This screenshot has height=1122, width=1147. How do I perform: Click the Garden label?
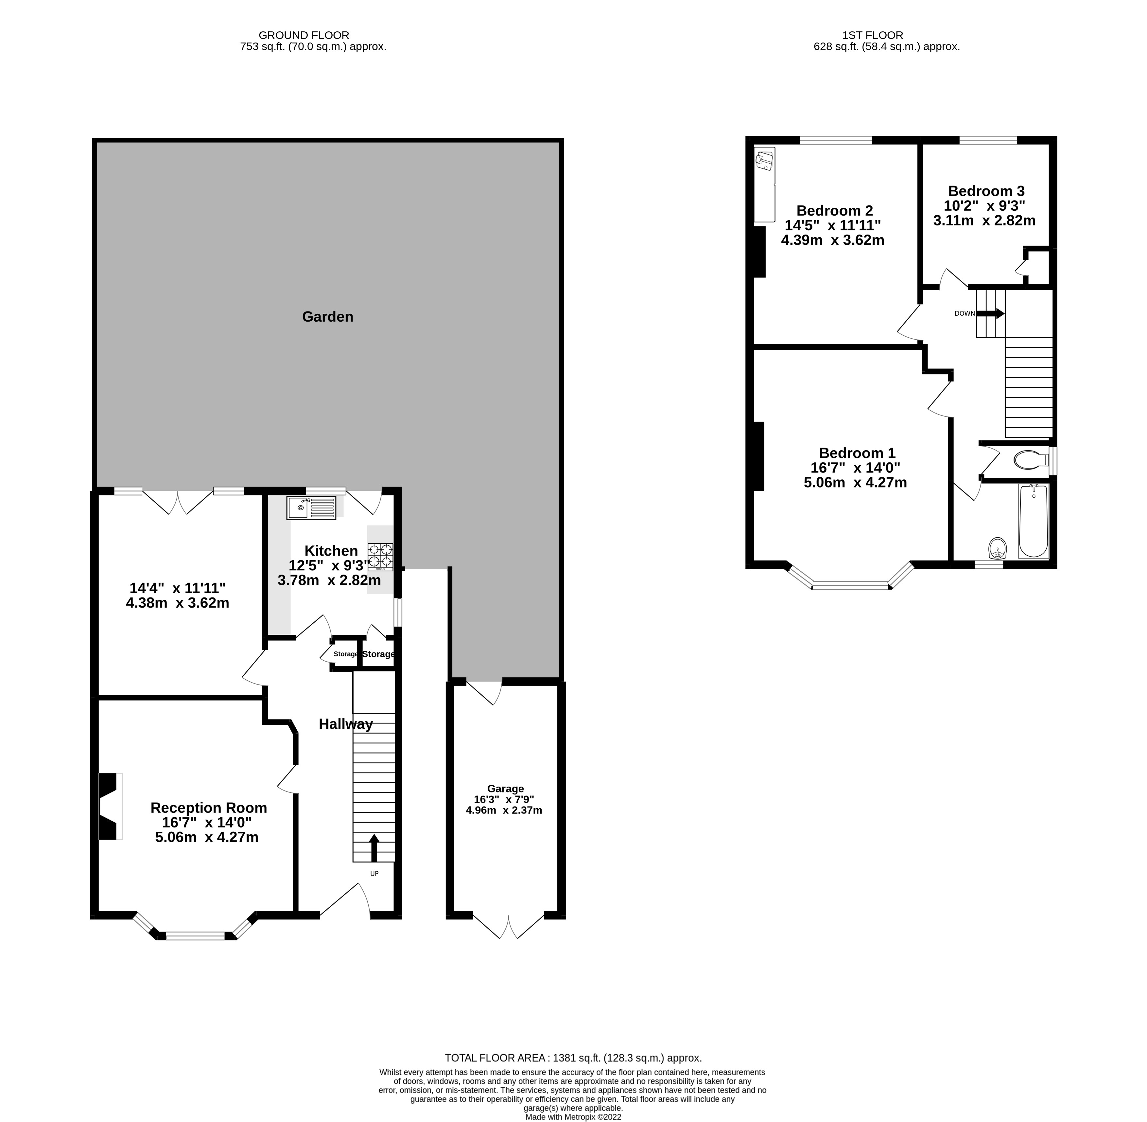tap(327, 317)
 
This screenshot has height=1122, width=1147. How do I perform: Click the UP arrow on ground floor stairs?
tap(374, 847)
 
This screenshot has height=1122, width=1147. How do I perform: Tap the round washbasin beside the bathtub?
tap(997, 547)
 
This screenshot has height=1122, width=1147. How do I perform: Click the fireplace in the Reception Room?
tap(108, 806)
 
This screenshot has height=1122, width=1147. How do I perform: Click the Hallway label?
tap(345, 724)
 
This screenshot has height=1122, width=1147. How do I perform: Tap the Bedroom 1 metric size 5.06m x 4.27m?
tap(855, 483)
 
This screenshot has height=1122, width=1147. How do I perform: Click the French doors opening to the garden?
tap(178, 502)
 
